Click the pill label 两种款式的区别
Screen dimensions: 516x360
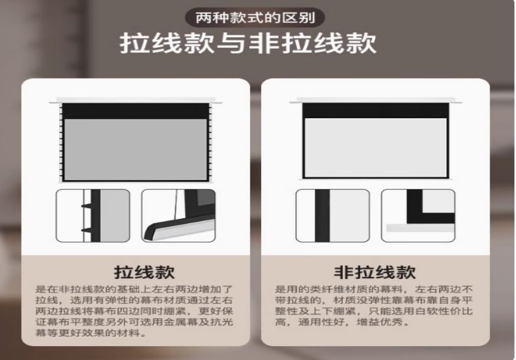pyautogui.click(x=255, y=18)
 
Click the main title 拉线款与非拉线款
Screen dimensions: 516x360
pyautogui.click(x=248, y=43)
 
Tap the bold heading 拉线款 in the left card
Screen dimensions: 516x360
pyautogui.click(x=144, y=272)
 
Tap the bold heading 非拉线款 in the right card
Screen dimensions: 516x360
pyautogui.click(x=375, y=272)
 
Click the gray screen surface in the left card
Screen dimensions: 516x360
pyautogui.click(x=135, y=149)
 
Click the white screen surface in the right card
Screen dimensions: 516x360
pyautogui.click(x=376, y=147)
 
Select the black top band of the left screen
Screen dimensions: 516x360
pyautogui.click(x=135, y=111)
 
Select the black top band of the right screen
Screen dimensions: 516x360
pyautogui.click(x=376, y=111)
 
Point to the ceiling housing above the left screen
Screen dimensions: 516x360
pyautogui.click(x=135, y=100)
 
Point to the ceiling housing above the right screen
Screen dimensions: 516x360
pyautogui.click(x=376, y=100)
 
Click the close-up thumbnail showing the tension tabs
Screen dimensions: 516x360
pyautogui.click(x=93, y=215)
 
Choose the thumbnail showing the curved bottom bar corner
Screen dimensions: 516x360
pyautogui.click(x=178, y=215)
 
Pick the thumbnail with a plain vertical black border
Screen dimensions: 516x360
pyautogui.click(x=333, y=215)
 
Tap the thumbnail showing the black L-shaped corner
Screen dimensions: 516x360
pyautogui.click(x=418, y=215)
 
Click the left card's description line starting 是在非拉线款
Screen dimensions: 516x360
pyautogui.click(x=134, y=290)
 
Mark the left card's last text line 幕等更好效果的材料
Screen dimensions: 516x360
pyautogui.click(x=91, y=333)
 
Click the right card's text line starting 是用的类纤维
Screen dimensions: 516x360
pyautogui.click(x=374, y=290)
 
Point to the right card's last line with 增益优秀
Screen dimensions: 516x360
pyautogui.click(x=342, y=322)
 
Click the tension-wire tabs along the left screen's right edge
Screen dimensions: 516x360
pyautogui.click(x=210, y=142)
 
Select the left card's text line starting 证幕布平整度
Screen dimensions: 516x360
pyautogui.click(x=134, y=322)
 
